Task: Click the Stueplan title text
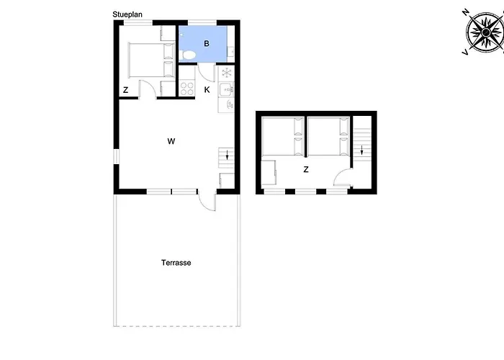tap(127, 14)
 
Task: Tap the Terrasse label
tap(176, 263)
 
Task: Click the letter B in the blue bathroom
tap(207, 43)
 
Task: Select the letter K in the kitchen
tap(207, 90)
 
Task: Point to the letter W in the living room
tap(171, 141)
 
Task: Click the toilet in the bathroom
tap(187, 55)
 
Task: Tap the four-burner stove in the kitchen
tap(186, 89)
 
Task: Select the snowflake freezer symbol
tap(227, 72)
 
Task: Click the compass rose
tap(486, 32)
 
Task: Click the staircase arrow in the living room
tap(228, 155)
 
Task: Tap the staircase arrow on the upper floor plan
tap(362, 150)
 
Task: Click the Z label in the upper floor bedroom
tap(306, 169)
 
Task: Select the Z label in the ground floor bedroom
tap(126, 90)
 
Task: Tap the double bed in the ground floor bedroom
tap(151, 60)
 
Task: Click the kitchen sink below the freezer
tap(226, 90)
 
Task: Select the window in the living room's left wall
tap(117, 157)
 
